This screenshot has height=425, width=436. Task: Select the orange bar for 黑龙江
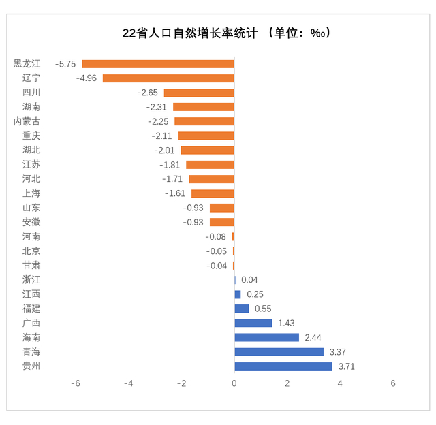click(158, 64)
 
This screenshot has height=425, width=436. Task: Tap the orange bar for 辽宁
click(168, 78)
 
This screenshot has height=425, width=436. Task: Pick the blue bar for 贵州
click(283, 366)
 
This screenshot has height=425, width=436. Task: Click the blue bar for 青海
click(279, 352)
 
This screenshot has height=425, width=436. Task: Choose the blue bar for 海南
click(266, 337)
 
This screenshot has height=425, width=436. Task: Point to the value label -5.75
click(66, 64)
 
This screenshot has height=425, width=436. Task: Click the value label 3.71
click(346, 366)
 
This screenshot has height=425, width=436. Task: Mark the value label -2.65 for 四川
click(148, 93)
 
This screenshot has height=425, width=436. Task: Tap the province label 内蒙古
click(27, 121)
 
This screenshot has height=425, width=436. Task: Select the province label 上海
click(31, 193)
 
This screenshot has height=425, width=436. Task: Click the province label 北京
click(31, 251)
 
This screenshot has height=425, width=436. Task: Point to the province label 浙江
click(31, 280)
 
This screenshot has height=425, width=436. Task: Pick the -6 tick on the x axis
click(76, 383)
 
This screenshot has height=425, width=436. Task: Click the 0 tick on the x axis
click(234, 383)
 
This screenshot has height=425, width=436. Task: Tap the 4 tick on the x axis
click(340, 383)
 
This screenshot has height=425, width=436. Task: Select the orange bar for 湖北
click(207, 151)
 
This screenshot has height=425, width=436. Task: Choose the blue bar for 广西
click(253, 323)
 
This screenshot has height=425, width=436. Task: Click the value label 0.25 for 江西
click(255, 294)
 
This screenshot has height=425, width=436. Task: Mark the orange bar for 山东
click(221, 208)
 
